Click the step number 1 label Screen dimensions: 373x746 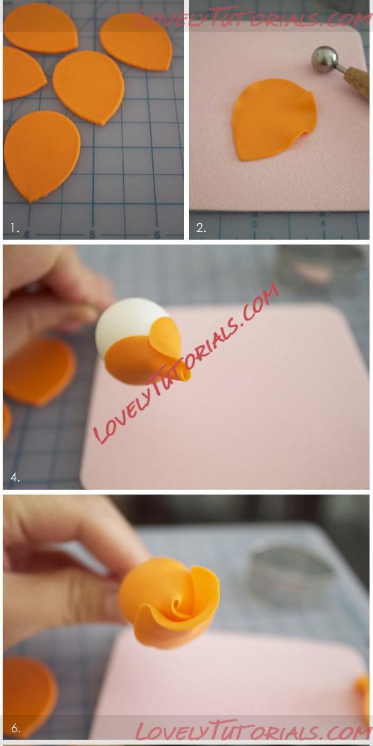(x=15, y=228)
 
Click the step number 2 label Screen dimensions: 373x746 (x=201, y=228)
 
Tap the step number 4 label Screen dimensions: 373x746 (x=15, y=477)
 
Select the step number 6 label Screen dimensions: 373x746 (x=16, y=728)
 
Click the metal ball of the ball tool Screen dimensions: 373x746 (x=325, y=58)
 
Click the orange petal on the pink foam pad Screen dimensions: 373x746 (x=273, y=119)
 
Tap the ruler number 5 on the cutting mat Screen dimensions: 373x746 (x=92, y=235)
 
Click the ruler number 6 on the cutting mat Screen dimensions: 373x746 (x=157, y=235)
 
